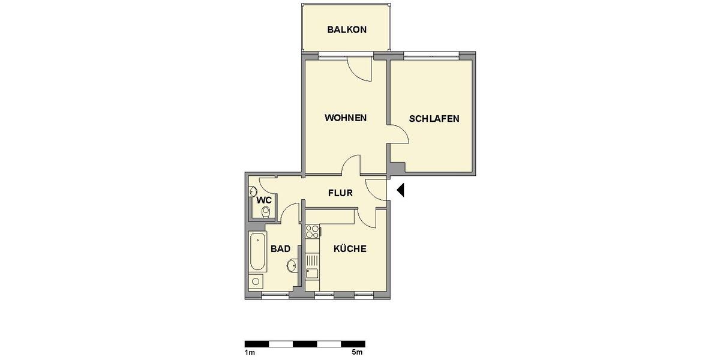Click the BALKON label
click(x=346, y=29)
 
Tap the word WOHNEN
click(x=346, y=118)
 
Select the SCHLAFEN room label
click(x=434, y=119)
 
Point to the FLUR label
click(x=340, y=193)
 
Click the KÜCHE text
click(x=350, y=248)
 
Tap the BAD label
click(x=280, y=248)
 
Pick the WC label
click(x=265, y=200)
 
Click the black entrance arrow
click(x=401, y=190)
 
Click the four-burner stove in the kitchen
click(x=312, y=231)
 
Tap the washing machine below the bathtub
click(x=256, y=282)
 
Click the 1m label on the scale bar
click(x=250, y=352)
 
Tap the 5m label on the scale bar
click(x=357, y=352)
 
